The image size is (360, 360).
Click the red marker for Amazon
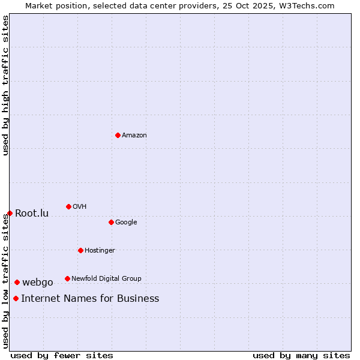(x=118, y=135)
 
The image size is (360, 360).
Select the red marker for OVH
(x=68, y=206)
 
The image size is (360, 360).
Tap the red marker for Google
(x=111, y=222)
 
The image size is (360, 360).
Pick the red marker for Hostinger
(x=80, y=250)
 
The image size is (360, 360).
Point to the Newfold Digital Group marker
(x=67, y=278)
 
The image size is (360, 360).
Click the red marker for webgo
(x=17, y=282)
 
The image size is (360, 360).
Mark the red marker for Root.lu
(x=10, y=213)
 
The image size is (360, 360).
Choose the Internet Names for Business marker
(x=16, y=298)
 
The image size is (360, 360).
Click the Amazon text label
(x=134, y=136)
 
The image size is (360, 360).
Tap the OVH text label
(x=80, y=207)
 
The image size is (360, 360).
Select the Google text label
(x=126, y=223)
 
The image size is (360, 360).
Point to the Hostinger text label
(x=100, y=251)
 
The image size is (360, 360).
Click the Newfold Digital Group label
(x=106, y=279)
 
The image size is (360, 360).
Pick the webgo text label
(x=38, y=283)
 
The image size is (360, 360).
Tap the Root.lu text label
(x=32, y=214)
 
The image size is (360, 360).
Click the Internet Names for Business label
(x=90, y=299)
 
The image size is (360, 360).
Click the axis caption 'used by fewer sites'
(x=62, y=355)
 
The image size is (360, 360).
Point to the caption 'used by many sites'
(x=301, y=355)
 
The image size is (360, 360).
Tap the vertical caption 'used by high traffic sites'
(x=5, y=85)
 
